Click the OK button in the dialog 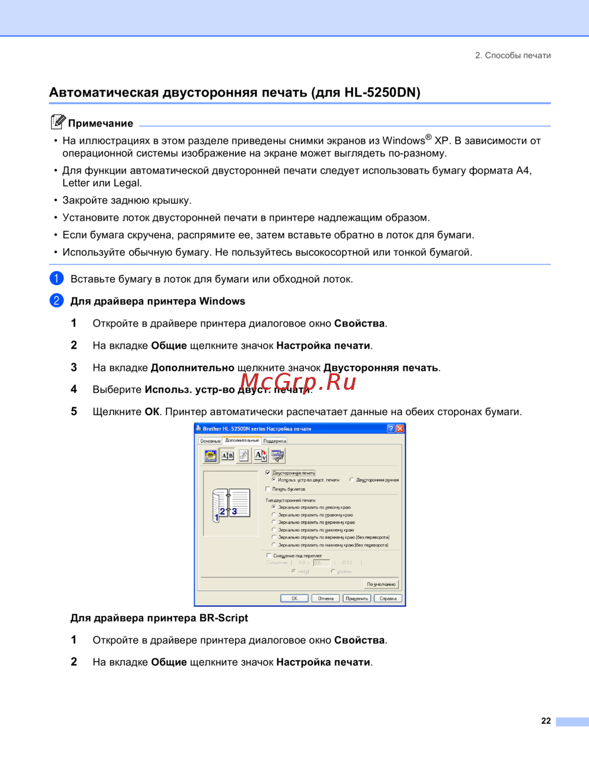tap(294, 598)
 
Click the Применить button tap(357, 598)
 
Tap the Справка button tap(388, 598)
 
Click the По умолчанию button tap(381, 584)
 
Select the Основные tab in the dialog tap(210, 440)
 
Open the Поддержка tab tap(274, 440)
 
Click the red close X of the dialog tap(400, 429)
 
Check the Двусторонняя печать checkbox tap(268, 473)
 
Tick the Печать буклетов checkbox tap(268, 489)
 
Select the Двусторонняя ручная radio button tap(352, 480)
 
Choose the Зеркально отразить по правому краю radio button tap(274, 515)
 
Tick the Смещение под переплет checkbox tap(269, 555)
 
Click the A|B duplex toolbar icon tap(227, 455)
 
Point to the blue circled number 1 tap(57, 279)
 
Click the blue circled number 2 tap(57, 300)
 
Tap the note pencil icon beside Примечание tap(58, 122)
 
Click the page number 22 tap(546, 721)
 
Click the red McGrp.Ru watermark tap(298, 382)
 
